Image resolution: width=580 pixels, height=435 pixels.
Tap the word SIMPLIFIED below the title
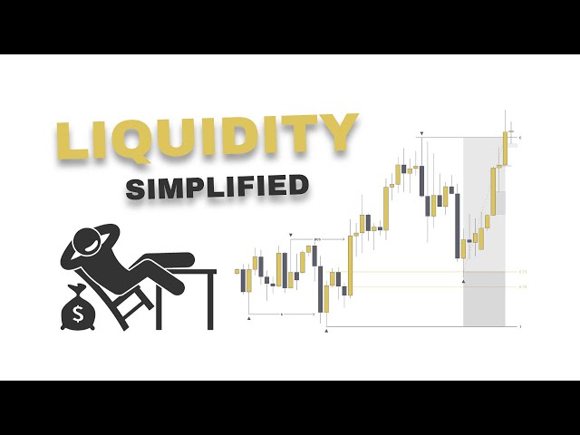pyautogui.click(x=217, y=188)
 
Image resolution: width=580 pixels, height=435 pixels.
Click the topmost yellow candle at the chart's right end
pyautogui.click(x=506, y=148)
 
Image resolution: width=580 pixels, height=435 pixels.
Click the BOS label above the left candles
pyautogui.click(x=317, y=238)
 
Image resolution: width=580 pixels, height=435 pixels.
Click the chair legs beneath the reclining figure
pyautogui.click(x=130, y=308)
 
